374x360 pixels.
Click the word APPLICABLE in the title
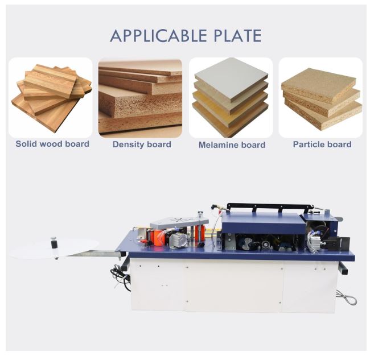click(158, 36)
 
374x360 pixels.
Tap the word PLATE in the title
click(237, 36)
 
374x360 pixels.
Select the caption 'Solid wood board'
click(52, 144)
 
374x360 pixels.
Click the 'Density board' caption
click(142, 144)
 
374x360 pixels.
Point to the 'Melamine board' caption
click(232, 145)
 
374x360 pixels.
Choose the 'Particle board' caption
click(322, 144)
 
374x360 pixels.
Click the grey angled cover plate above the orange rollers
click(179, 221)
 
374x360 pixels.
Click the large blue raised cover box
click(263, 223)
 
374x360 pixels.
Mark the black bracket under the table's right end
click(343, 268)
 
